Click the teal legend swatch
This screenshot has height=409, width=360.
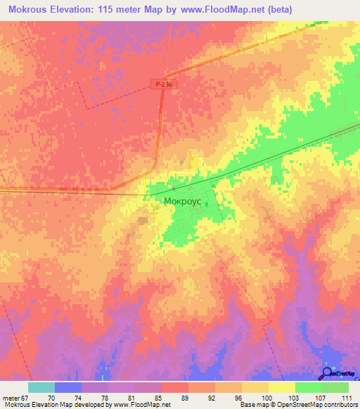pos(41,387)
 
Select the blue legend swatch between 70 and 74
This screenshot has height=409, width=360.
pos(68,387)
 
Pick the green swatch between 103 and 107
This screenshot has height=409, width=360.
pos(308,387)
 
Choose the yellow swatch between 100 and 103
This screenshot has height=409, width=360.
pos(281,387)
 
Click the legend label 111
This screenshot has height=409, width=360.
pos(347,398)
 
